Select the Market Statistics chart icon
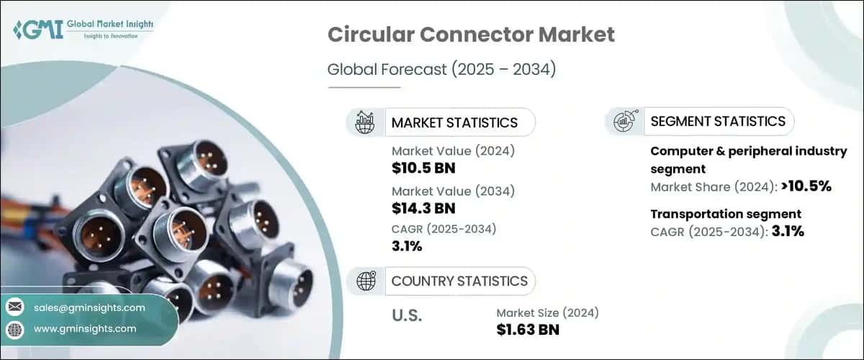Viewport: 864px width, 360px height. coord(365,122)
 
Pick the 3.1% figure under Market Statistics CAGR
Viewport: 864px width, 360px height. coord(407,247)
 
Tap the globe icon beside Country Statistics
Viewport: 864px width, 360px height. coord(365,281)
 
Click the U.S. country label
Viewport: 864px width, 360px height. coord(406,316)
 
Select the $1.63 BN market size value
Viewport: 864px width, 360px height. coord(528,330)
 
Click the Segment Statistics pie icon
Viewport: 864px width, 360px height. coord(624,122)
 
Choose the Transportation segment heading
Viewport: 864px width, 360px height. coord(726,214)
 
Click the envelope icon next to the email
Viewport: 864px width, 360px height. coord(14,307)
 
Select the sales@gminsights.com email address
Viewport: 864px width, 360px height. coord(89,307)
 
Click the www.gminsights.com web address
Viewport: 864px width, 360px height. coord(85,328)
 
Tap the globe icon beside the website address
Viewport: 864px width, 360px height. coord(14,328)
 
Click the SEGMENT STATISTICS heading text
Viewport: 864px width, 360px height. coord(718,121)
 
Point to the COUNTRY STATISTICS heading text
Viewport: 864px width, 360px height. coord(459,281)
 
